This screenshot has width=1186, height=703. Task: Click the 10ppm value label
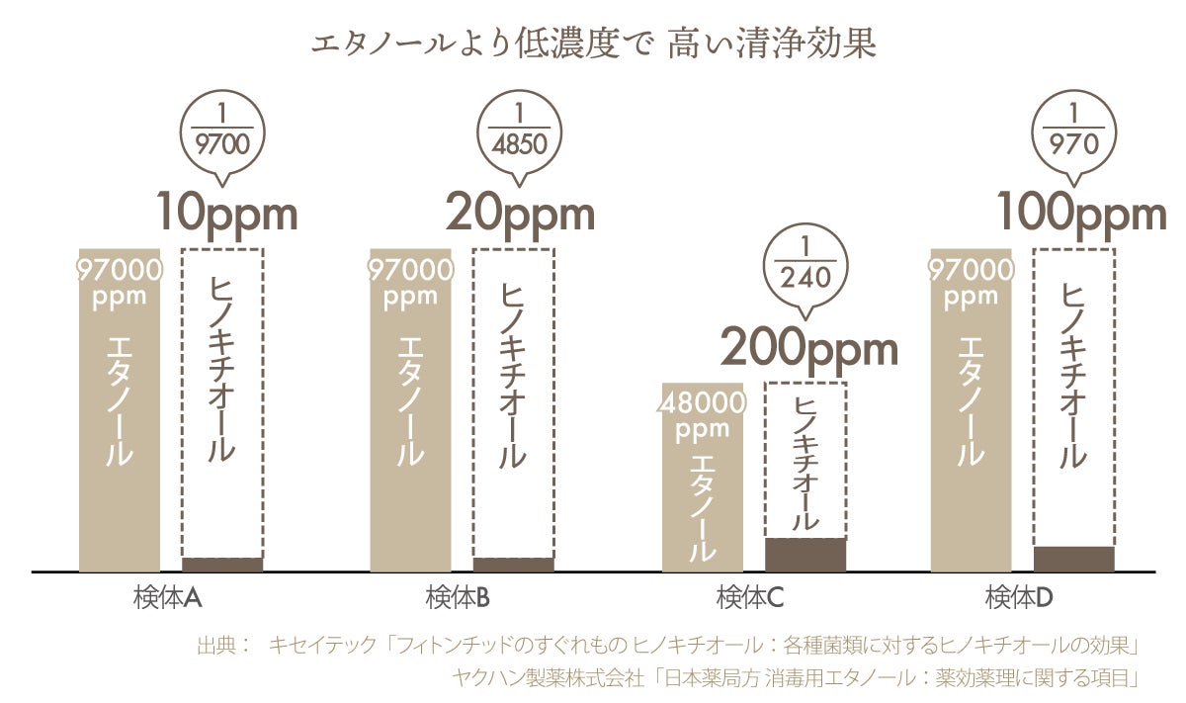[226, 213]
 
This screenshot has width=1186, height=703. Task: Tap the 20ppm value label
[520, 213]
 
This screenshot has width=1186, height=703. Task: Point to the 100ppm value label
[1080, 213]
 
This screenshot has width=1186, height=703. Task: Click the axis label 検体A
[168, 598]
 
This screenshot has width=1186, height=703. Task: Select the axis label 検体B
[460, 598]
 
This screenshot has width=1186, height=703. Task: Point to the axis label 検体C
[751, 598]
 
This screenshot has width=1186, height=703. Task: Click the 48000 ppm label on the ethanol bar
[703, 415]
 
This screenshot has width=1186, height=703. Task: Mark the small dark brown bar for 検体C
[805, 555]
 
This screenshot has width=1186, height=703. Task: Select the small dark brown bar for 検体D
[1073, 559]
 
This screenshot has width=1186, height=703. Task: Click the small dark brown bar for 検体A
[222, 565]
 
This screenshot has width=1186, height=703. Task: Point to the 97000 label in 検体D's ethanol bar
[972, 270]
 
